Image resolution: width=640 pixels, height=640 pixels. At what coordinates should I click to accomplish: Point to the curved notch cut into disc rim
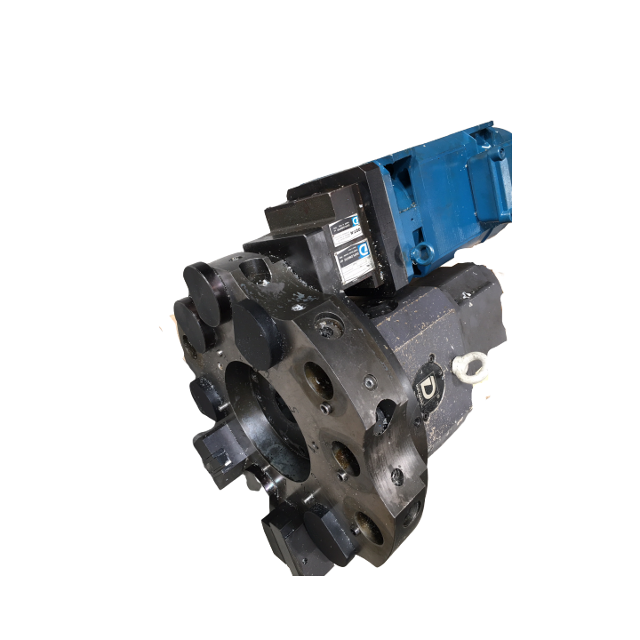(x=385, y=414)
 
